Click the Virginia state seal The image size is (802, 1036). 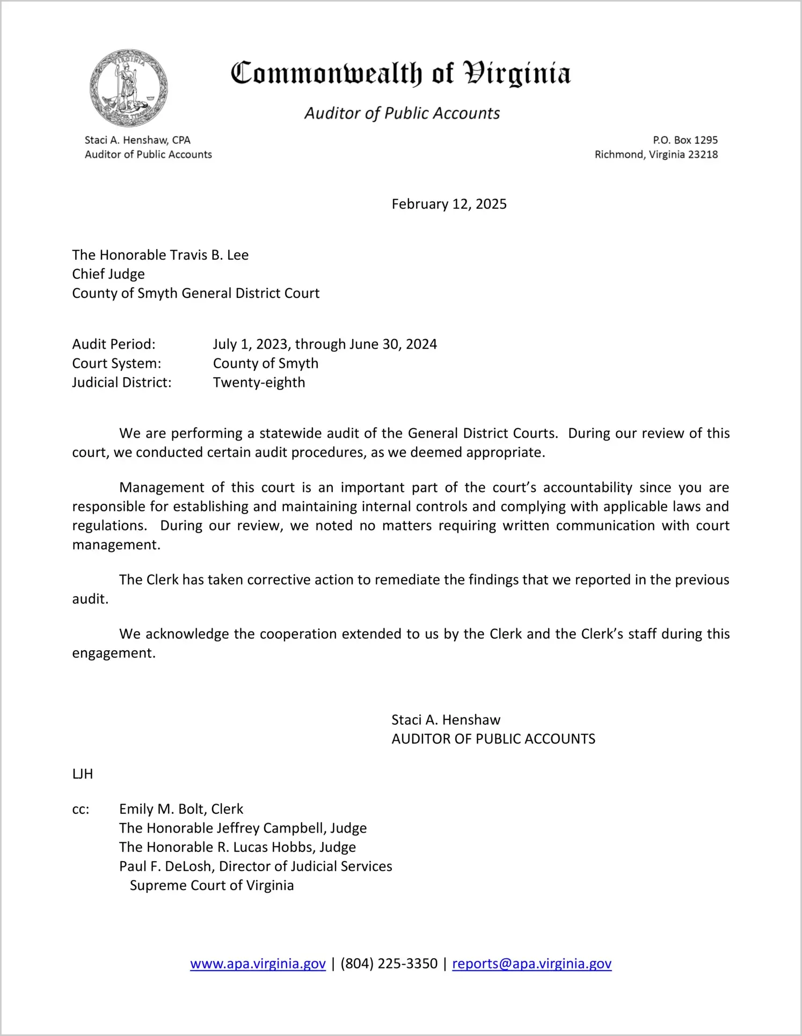point(128,88)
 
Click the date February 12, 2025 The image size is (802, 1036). point(449,204)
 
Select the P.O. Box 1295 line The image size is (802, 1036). point(685,140)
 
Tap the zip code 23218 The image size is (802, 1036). point(703,155)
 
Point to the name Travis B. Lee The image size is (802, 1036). point(208,255)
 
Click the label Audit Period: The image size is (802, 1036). point(114,344)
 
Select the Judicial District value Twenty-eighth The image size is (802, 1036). point(259,383)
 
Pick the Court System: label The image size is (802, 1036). point(116,363)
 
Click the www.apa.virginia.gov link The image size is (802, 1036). point(258,964)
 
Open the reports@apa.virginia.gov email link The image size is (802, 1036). point(531,964)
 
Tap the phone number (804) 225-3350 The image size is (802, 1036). point(389,964)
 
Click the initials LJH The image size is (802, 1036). point(83,774)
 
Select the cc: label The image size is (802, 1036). point(81,809)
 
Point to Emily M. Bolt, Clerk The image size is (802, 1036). point(181,809)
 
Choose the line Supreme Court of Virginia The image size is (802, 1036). point(212,885)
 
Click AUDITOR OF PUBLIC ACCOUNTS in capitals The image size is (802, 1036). point(493,739)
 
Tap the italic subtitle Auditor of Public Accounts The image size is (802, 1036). point(402,113)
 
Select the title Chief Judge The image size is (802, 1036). point(108,274)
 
